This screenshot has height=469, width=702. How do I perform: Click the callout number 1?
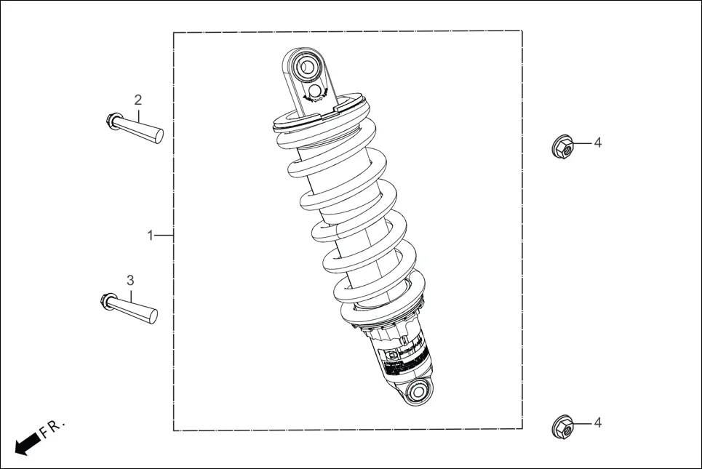pos(150,236)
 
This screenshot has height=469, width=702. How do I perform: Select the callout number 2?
pos(137,100)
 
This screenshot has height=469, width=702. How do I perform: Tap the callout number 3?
pos(130,280)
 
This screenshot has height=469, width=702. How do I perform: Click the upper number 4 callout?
pos(597,143)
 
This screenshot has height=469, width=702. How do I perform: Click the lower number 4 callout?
pos(597,422)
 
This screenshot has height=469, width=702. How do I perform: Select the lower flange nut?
pos(562,427)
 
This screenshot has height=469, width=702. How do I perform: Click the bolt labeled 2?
pos(142,129)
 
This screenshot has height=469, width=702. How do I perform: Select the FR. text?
pos(53,428)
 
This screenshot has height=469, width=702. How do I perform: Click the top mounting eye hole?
pos(307,68)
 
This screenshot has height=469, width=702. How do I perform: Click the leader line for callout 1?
pos(164,236)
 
